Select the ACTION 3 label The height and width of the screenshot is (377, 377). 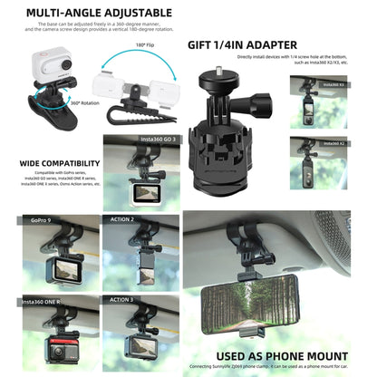(x=121, y=298)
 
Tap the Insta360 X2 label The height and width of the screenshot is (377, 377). (x=335, y=143)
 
